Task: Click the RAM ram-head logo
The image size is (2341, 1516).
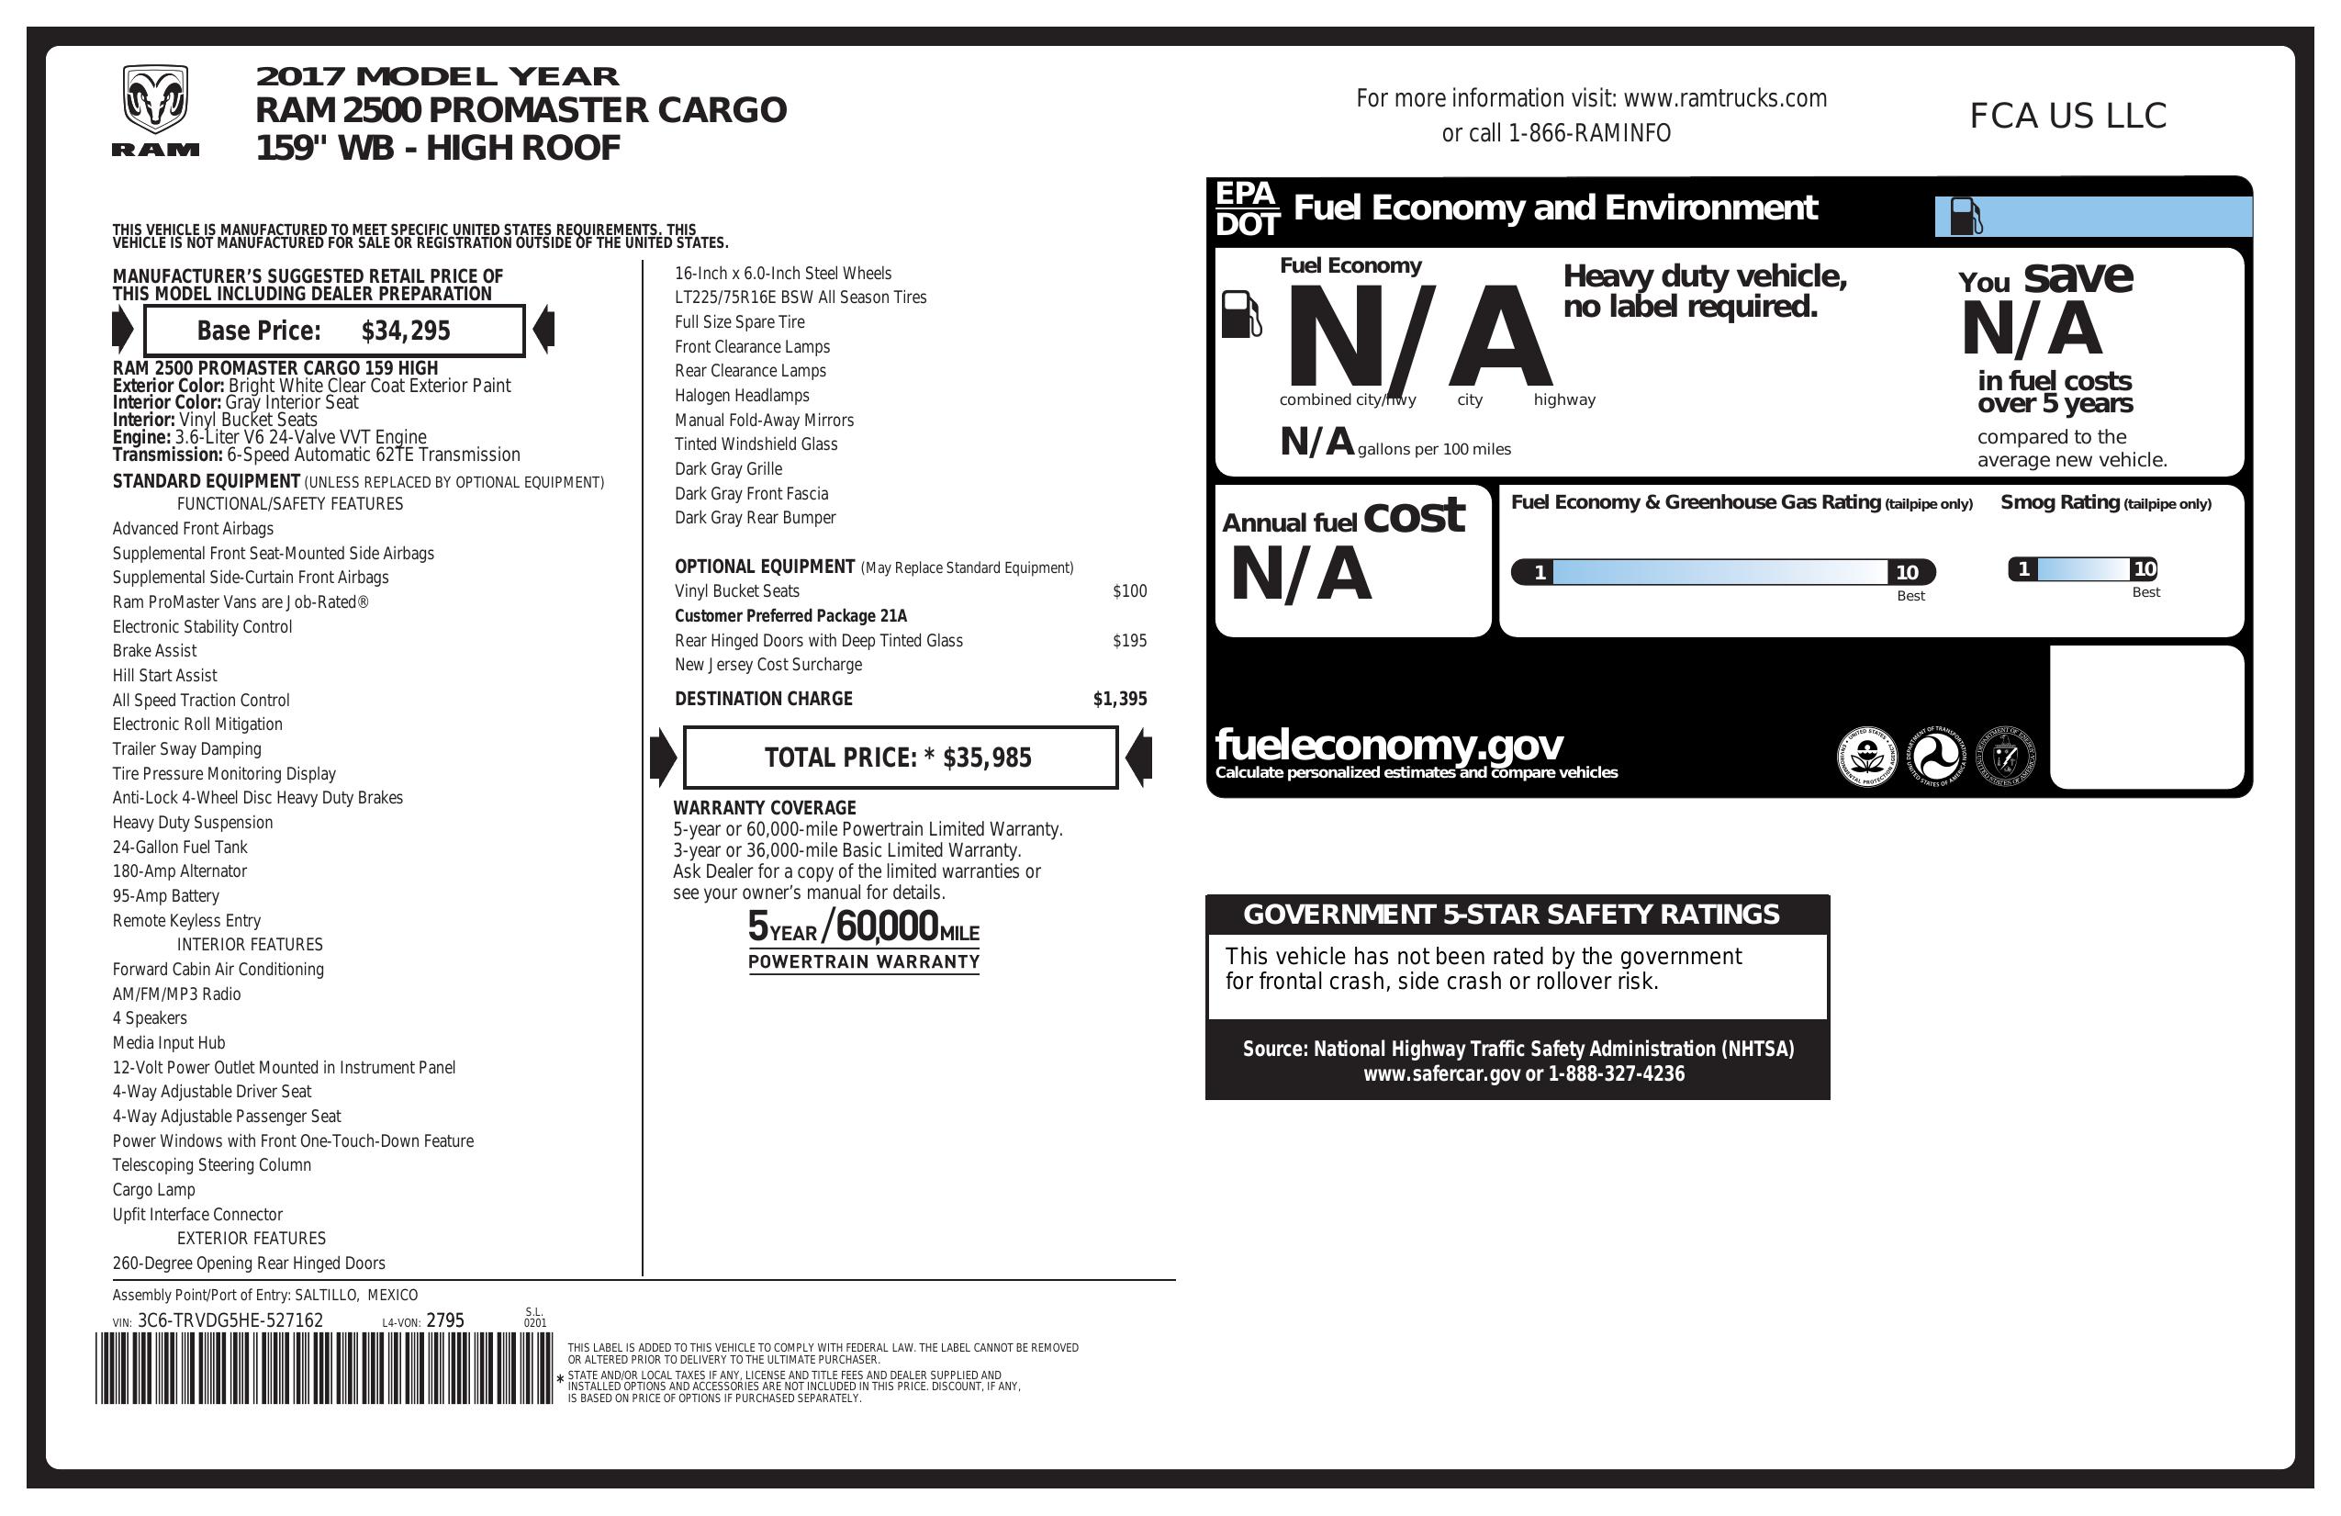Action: pyautogui.click(x=154, y=101)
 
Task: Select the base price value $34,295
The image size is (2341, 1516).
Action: pyautogui.click(x=405, y=331)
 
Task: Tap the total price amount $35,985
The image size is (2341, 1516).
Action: pyautogui.click(x=987, y=758)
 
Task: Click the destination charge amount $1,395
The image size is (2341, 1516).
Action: pyautogui.click(x=1119, y=700)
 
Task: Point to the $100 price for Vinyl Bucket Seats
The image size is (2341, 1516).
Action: pyautogui.click(x=1129, y=591)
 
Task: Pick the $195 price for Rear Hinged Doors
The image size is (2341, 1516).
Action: pyautogui.click(x=1129, y=640)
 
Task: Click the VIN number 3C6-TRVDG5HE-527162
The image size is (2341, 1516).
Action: pyautogui.click(x=230, y=1320)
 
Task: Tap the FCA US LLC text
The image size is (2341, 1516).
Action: pyautogui.click(x=2067, y=116)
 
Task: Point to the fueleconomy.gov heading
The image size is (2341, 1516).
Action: pyautogui.click(x=1388, y=745)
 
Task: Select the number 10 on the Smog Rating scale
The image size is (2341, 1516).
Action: pyautogui.click(x=2145, y=568)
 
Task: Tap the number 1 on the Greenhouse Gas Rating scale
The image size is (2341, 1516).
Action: pyautogui.click(x=1540, y=571)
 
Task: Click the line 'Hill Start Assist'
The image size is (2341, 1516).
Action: pyautogui.click(x=164, y=676)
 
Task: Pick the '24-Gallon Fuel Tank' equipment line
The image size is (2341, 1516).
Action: pyautogui.click(x=179, y=847)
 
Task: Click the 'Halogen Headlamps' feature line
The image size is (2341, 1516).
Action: pyautogui.click(x=742, y=396)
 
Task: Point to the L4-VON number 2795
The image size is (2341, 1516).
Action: pyautogui.click(x=444, y=1320)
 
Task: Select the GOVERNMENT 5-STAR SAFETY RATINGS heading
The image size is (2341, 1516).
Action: pyautogui.click(x=1511, y=915)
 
